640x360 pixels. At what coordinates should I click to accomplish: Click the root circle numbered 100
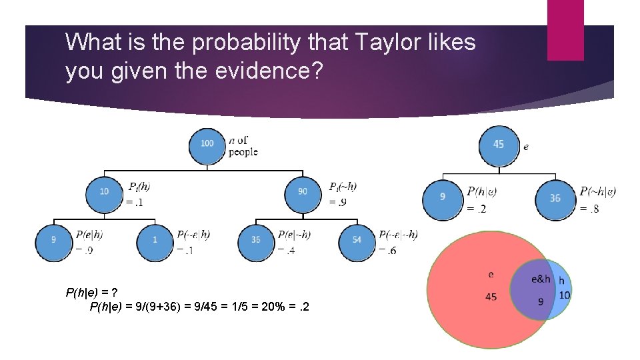pos(207,145)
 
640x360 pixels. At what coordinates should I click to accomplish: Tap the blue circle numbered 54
pos(356,240)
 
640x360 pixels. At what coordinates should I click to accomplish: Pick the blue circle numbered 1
pos(154,240)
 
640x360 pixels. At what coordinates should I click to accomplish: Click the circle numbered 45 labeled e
pos(499,145)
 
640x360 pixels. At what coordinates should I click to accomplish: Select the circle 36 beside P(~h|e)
pos(555,198)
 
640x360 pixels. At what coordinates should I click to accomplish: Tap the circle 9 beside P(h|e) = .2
pos(442,198)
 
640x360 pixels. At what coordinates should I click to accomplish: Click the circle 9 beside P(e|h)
pos(53,240)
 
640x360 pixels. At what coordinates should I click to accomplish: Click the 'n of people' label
pos(242,146)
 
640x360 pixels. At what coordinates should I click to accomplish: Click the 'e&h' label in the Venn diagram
pos(540,279)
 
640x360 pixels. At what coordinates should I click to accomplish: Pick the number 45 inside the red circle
pos(491,297)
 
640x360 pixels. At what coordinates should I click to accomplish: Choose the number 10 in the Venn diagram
pos(564,295)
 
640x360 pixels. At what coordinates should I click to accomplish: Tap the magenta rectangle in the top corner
pos(565,30)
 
